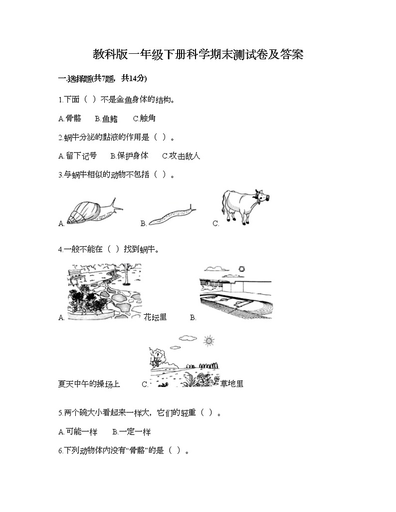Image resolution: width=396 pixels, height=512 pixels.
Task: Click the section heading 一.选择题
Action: pos(102,78)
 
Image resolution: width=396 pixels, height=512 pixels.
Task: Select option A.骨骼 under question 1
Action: pos(69,119)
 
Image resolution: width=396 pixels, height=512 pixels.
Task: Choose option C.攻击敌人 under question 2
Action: pos(181,156)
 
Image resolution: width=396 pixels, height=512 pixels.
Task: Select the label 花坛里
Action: pos(155,317)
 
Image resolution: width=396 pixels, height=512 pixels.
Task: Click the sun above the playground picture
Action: pos(242,269)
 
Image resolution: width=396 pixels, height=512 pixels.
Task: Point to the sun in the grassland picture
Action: pos(208,341)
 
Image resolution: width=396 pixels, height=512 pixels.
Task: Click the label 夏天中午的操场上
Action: pos(89,384)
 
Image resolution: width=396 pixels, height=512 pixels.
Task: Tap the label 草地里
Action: pos(232,384)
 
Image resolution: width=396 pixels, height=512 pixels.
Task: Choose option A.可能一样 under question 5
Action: pos(77,432)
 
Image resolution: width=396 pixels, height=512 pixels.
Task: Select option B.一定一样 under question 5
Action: pos(131,432)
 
